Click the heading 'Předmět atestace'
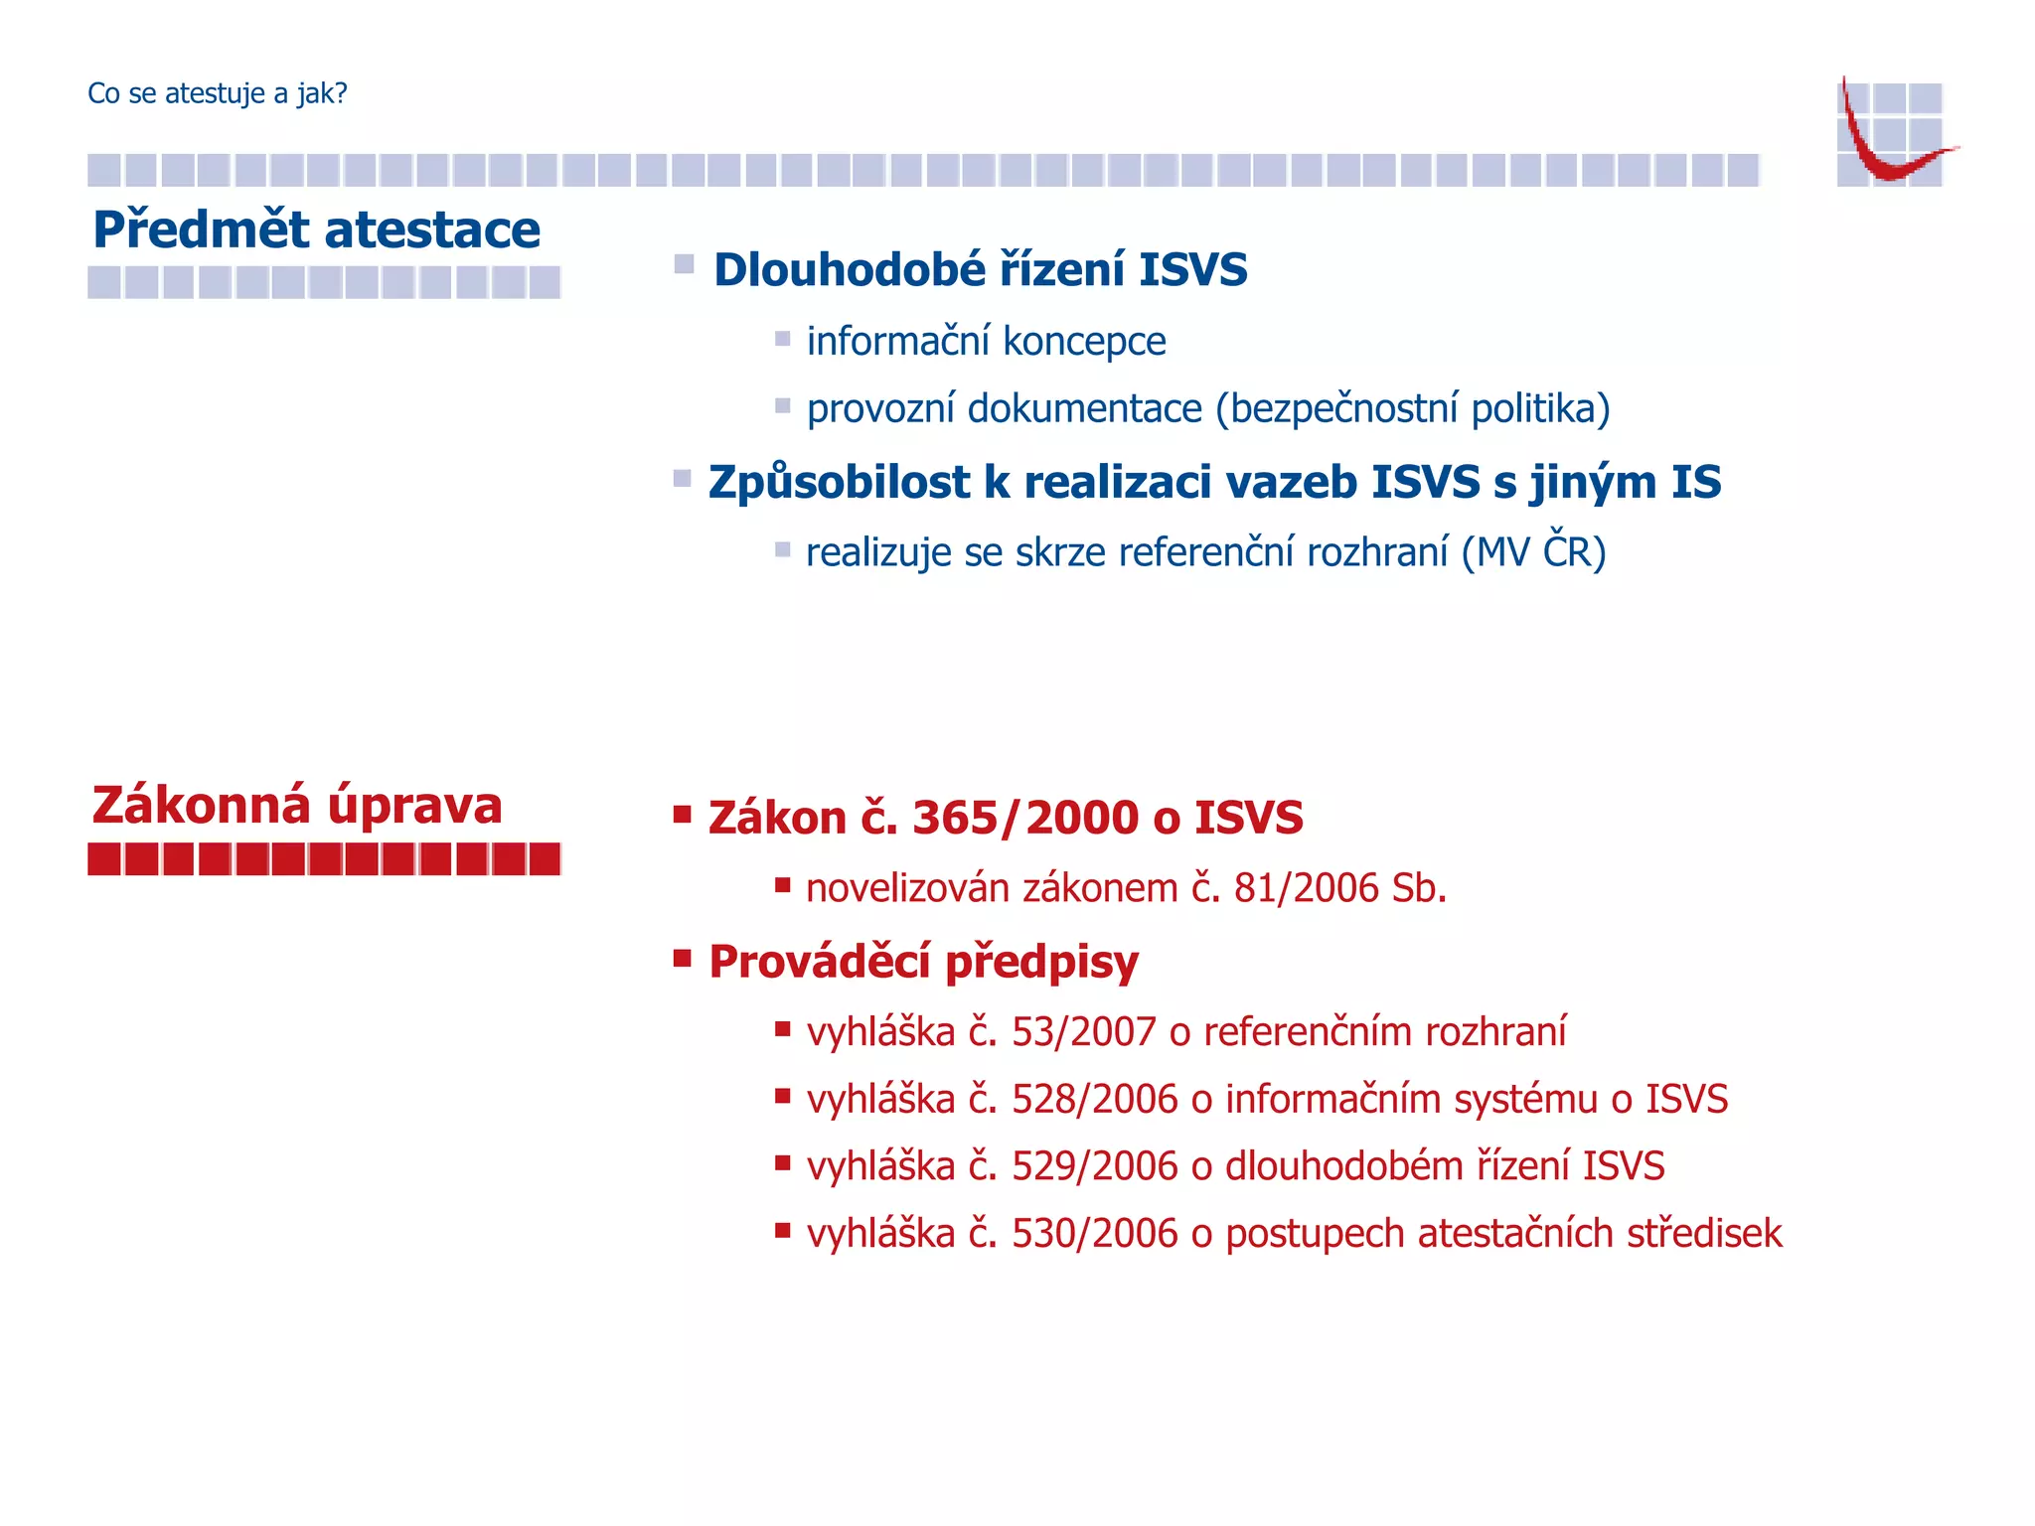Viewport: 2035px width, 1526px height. [x=316, y=230]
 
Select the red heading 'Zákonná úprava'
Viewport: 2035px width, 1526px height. [x=297, y=805]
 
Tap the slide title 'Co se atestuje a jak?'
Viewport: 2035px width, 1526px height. [x=218, y=93]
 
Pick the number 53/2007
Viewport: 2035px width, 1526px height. [x=1084, y=1033]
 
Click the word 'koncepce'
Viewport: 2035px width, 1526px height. [x=1084, y=342]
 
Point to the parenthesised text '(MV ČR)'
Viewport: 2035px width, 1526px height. [x=1533, y=552]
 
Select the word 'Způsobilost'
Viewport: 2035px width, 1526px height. [x=839, y=483]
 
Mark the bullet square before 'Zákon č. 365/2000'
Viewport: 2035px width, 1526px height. [x=682, y=816]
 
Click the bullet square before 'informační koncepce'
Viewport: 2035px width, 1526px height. [x=783, y=339]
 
